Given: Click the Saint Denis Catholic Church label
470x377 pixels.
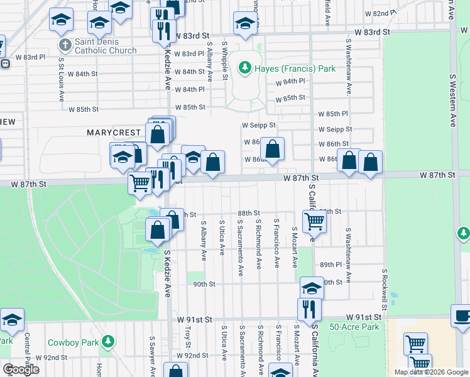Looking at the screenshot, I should pyautogui.click(x=104, y=46).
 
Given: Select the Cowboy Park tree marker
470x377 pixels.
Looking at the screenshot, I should pyautogui.click(x=108, y=341).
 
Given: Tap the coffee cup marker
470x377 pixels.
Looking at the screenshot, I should pyautogui.click(x=462, y=316).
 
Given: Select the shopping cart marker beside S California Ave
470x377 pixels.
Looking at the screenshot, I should pyautogui.click(x=314, y=221).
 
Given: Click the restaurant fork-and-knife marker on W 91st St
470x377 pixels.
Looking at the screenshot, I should pyautogui.click(x=309, y=309).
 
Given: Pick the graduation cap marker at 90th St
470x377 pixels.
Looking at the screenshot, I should pyautogui.click(x=311, y=288).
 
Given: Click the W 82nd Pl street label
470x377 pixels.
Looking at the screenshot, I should pyautogui.click(x=381, y=13).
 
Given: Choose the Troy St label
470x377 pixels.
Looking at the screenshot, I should pyautogui.click(x=187, y=337).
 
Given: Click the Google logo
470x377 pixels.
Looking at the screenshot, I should pyautogui.click(x=20, y=369).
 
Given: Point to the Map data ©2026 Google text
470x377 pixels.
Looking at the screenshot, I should pyautogui.click(x=430, y=372).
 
